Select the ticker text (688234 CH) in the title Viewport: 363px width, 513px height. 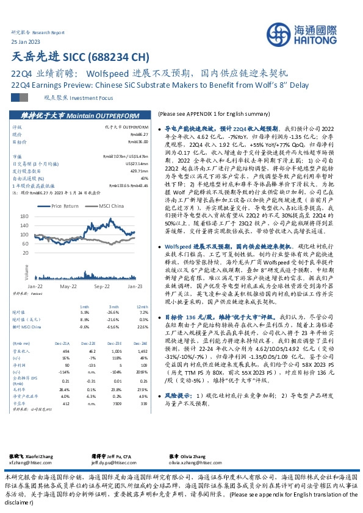click(x=118, y=58)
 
